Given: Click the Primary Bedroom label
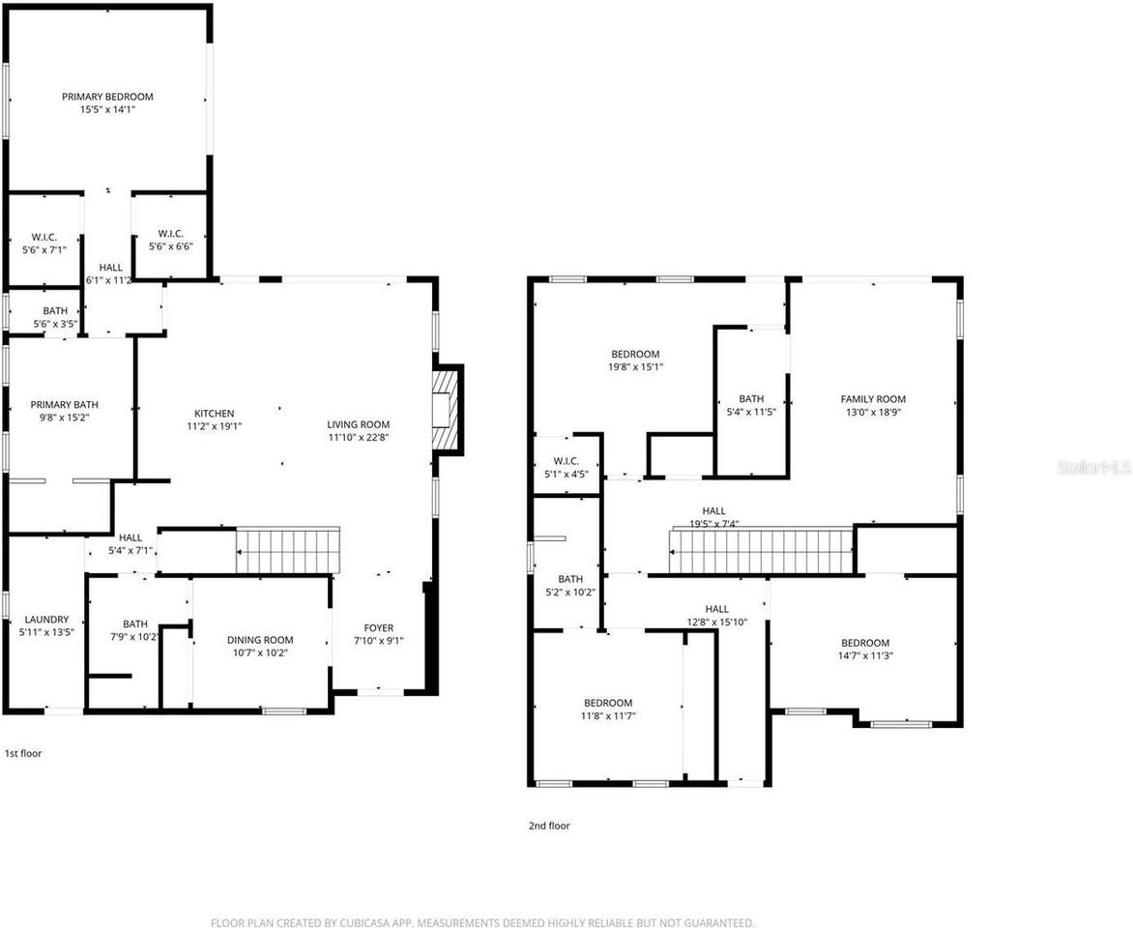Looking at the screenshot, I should (x=107, y=97).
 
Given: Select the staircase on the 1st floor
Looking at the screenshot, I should (x=288, y=550).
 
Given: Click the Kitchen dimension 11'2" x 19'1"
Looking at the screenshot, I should (x=214, y=425).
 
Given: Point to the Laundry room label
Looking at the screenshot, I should (x=46, y=620).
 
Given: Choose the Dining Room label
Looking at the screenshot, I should (x=260, y=640).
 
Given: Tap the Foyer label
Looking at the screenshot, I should (x=378, y=628).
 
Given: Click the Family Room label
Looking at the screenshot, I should (x=873, y=399).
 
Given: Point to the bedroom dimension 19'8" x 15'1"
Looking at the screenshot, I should (x=635, y=366).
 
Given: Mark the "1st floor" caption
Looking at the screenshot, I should (x=23, y=753).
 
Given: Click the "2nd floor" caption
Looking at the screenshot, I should (x=549, y=826).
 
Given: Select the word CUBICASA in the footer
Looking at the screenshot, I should (x=364, y=923).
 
